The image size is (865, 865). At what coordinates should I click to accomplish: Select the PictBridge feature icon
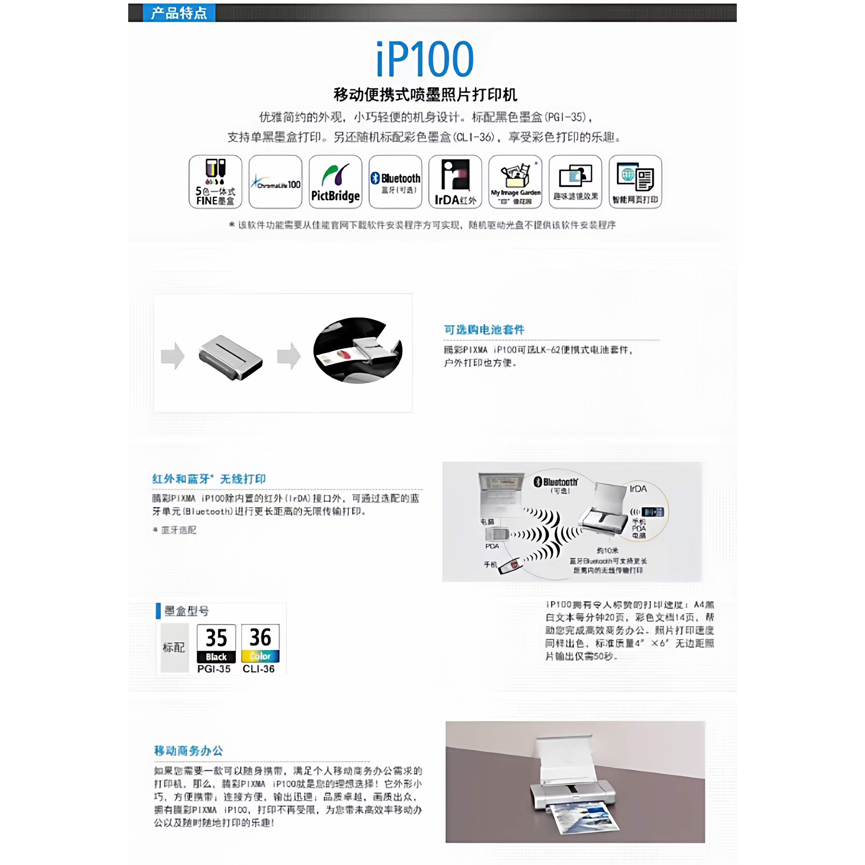click(x=335, y=182)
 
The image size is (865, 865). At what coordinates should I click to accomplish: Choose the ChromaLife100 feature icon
click(x=275, y=182)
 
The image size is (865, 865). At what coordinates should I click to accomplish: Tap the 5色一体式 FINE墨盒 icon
click(x=215, y=182)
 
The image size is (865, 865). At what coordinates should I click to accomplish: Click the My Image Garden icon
click(x=515, y=182)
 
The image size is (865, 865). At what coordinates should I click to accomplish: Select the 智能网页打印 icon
click(x=635, y=182)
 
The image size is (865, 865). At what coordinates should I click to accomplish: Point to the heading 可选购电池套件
click(x=484, y=330)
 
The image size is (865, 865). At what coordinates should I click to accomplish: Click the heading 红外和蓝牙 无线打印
click(x=209, y=479)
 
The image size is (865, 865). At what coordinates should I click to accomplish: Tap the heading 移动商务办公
click(x=188, y=751)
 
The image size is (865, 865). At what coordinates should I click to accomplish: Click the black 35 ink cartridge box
click(x=216, y=643)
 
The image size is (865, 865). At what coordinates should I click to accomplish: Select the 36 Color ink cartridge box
click(x=260, y=643)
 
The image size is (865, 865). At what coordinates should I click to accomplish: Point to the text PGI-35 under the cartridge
click(x=214, y=669)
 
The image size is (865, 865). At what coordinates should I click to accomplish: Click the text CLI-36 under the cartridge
click(x=259, y=669)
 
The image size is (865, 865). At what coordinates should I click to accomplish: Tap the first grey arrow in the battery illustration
click(x=173, y=356)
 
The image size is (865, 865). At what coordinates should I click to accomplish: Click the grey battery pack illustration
click(x=231, y=357)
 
